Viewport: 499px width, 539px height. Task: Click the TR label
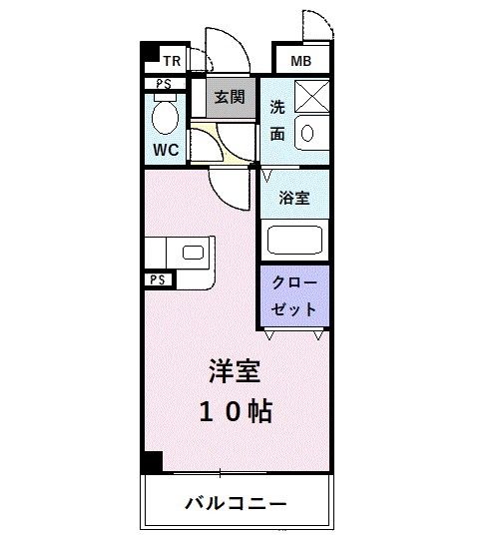173,60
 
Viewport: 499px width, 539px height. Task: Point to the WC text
166,152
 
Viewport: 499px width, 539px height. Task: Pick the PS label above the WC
164,85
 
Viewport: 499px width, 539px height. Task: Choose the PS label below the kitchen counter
158,280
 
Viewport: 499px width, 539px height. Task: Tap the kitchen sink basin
193,253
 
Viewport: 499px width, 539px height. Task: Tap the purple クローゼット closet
295,296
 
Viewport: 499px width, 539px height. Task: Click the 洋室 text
235,370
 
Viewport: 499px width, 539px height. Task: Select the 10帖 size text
235,411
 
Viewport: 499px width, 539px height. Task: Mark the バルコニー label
236,502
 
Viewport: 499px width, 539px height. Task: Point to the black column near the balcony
151,463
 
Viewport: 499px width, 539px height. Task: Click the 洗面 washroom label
278,120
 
